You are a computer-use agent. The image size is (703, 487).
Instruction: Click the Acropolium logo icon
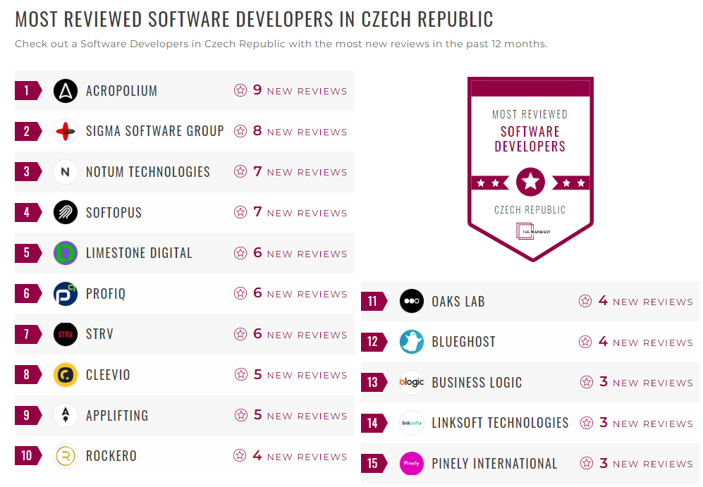[66, 90]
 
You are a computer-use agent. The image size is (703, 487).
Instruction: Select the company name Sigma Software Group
[154, 131]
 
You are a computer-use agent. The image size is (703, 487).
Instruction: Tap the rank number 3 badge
[27, 172]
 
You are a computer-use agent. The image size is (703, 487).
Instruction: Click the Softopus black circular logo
[66, 212]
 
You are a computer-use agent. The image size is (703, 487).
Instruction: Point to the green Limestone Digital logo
[66, 253]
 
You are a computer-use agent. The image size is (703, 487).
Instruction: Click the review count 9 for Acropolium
[257, 90]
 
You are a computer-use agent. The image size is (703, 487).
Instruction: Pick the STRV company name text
[99, 334]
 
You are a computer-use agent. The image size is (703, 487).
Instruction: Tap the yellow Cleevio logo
[66, 375]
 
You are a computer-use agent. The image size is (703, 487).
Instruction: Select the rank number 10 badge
[27, 456]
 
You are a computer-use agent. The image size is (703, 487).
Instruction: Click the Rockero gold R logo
[66, 456]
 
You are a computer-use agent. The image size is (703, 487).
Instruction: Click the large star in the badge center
[530, 183]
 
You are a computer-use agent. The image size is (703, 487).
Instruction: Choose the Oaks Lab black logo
[412, 302]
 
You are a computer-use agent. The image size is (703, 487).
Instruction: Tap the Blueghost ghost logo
[412, 342]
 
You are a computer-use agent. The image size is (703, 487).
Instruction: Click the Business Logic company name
[477, 383]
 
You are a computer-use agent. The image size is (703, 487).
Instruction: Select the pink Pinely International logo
[412, 464]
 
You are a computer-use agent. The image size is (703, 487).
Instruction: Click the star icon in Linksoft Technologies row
[586, 423]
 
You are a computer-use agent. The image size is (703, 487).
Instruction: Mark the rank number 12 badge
[373, 342]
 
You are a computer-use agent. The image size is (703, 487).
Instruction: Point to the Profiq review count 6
[257, 293]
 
